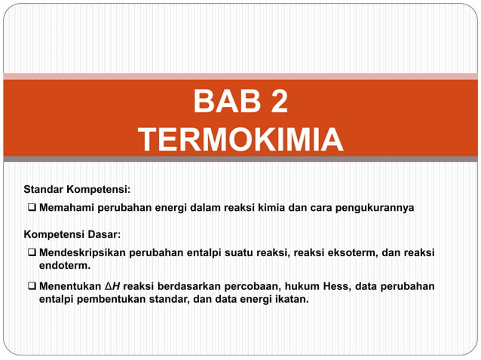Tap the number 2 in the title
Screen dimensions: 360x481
click(x=275, y=102)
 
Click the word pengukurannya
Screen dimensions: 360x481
click(x=376, y=207)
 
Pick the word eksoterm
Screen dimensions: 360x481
click(x=354, y=254)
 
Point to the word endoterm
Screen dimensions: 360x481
click(x=64, y=266)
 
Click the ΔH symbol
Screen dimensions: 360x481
click(x=112, y=288)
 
